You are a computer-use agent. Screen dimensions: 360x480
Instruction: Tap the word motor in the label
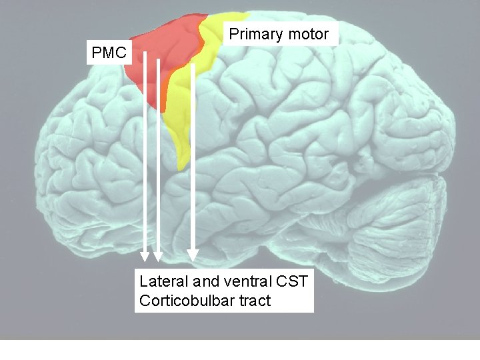coord(309,35)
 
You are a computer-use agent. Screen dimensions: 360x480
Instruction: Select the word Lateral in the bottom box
coord(161,281)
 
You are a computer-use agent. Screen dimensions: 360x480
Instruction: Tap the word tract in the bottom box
coord(253,301)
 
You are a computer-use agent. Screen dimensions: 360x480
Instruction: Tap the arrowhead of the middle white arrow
coord(159,257)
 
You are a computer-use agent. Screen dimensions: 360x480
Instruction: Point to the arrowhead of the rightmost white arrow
coord(193,255)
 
